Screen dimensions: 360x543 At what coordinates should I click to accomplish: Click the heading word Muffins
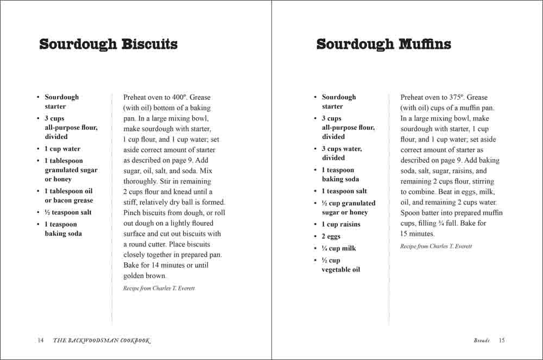click(425, 44)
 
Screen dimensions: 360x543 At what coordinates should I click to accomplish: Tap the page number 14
click(40, 340)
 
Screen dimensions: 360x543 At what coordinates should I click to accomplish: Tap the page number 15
click(502, 340)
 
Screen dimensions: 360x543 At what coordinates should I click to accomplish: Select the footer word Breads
click(481, 340)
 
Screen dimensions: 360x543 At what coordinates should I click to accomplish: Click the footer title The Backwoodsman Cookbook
click(101, 340)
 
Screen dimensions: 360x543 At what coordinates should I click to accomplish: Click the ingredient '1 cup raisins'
click(341, 224)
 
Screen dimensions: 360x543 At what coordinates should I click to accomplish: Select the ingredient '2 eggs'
click(331, 236)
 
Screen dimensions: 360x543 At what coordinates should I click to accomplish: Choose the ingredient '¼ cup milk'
click(339, 248)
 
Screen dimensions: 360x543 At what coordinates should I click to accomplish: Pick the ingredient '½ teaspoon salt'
click(68, 212)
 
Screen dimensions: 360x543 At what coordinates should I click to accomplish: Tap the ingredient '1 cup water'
click(62, 149)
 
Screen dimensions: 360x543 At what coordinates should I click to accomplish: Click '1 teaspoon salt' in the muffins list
click(344, 191)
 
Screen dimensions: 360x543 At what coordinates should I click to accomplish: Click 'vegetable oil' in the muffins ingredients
click(340, 269)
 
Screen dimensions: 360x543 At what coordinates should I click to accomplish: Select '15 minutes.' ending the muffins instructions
click(418, 234)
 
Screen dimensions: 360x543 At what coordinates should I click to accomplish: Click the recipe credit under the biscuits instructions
click(159, 288)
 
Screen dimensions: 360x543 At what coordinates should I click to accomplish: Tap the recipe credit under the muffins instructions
click(436, 246)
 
